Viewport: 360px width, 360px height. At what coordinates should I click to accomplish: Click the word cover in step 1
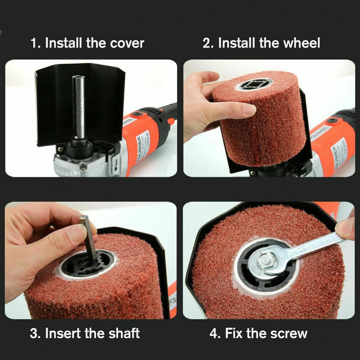coord(127,43)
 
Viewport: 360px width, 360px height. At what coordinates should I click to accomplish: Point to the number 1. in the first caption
coord(35,43)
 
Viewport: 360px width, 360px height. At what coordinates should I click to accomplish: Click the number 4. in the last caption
coord(215,333)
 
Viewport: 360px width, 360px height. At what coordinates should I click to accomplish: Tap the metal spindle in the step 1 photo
coord(78,105)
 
